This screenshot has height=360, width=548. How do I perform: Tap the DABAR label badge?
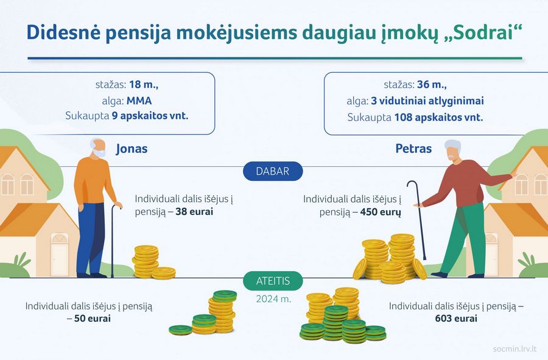(x=273, y=171)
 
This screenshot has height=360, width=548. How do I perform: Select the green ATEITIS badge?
(x=273, y=281)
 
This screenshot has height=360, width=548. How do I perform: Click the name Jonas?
(x=132, y=149)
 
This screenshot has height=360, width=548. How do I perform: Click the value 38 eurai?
(x=194, y=213)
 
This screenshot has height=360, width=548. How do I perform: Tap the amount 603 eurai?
(x=457, y=319)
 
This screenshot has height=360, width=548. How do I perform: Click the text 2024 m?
(x=273, y=299)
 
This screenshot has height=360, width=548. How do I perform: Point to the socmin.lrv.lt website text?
(x=515, y=349)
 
